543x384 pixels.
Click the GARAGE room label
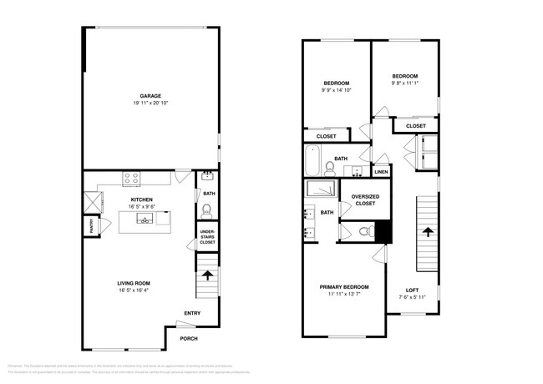point(150,95)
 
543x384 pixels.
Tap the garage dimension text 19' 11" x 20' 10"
point(150,103)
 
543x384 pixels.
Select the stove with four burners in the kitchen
point(132,177)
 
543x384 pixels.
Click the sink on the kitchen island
point(145,220)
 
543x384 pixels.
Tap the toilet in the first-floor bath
point(207,210)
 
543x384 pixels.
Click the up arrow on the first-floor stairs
point(207,273)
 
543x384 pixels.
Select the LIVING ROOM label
point(134,284)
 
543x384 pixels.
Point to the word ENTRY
point(192,314)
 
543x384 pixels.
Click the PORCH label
point(189,339)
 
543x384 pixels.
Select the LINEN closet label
point(381,172)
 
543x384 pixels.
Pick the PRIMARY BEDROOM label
point(344,287)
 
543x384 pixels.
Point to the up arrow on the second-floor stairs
point(426,231)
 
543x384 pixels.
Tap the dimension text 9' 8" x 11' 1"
point(403,83)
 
